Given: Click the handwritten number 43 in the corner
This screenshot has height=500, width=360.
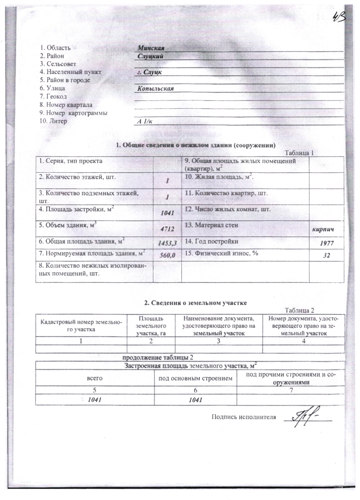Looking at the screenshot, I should tap(341, 19).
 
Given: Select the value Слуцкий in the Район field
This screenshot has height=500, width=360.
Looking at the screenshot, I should tap(150, 56).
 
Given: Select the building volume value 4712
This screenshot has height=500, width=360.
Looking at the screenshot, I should tap(167, 229).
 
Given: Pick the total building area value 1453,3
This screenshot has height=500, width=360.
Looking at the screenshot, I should tap(167, 243).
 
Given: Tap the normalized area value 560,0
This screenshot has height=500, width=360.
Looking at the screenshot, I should tap(167, 255).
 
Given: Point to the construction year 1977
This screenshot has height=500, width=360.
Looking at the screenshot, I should tap(327, 243).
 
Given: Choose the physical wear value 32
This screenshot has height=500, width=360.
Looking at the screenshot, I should tap(327, 255).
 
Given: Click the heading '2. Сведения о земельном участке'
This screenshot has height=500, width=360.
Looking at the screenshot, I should tap(196, 303).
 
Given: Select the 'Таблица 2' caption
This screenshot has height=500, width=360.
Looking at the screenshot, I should tap(301, 310).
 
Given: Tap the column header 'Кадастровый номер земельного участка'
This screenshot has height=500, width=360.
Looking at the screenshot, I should tap(81, 325).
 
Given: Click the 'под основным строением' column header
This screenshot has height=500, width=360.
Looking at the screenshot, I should tap(195, 379).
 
